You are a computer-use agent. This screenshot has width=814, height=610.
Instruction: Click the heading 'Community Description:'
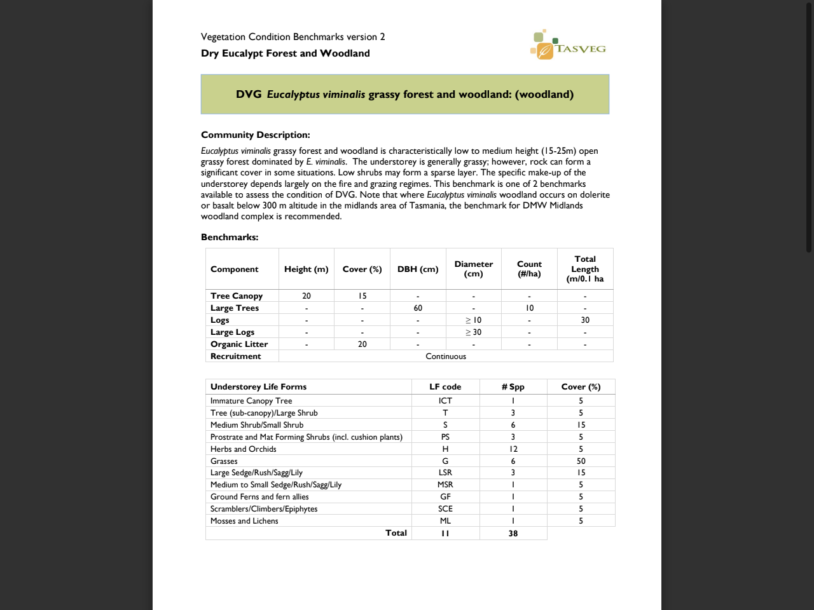256,135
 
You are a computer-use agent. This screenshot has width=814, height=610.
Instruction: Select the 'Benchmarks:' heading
230,237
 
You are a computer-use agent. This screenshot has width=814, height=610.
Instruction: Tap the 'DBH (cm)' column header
418,269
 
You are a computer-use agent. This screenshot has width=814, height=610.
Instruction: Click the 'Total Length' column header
585,269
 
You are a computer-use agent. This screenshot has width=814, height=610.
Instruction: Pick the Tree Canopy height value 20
307,296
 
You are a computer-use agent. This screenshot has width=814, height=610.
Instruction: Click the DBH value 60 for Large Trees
418,308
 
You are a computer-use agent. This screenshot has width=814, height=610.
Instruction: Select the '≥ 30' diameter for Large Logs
473,332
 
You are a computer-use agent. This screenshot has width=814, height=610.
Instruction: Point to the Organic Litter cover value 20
362,344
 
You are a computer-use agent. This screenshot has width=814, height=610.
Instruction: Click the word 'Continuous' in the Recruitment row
446,356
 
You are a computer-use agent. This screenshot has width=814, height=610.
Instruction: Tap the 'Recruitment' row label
236,356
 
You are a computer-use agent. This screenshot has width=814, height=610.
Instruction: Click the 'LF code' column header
445,387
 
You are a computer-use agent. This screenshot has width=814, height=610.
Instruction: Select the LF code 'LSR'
445,473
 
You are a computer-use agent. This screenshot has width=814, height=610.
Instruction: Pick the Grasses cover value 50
581,461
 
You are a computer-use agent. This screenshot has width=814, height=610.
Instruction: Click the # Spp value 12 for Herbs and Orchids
513,449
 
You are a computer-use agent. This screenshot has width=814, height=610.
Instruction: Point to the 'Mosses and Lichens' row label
244,521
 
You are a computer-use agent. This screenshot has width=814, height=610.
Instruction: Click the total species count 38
513,534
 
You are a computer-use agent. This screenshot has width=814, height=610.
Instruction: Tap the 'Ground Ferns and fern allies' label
259,497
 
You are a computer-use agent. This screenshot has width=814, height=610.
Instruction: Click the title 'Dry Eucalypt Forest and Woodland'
285,53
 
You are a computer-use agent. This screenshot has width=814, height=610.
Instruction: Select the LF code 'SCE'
445,509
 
